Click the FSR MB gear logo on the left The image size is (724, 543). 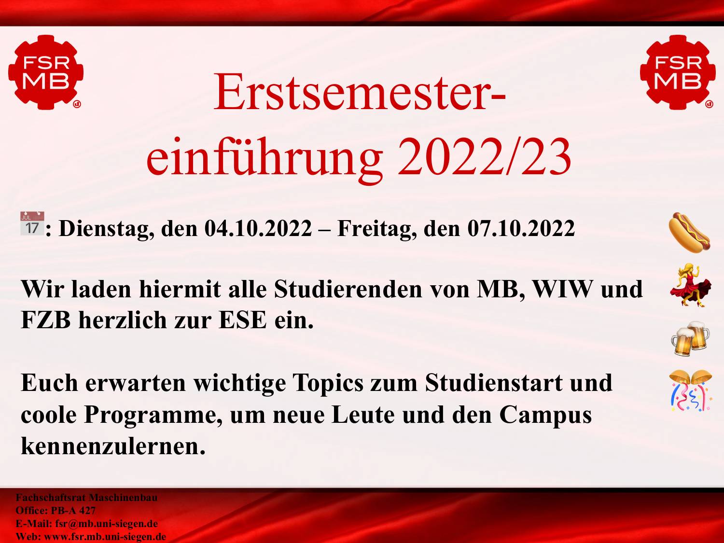pos(46,72)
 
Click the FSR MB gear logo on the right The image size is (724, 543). pos(678,72)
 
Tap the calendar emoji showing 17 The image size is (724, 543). pos(32,223)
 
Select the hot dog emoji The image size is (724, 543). pos(689,233)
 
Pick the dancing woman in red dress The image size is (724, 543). pos(690,285)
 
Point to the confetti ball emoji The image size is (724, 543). pos(690,391)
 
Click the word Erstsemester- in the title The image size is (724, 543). pos(360,92)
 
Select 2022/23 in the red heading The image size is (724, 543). pos(485,157)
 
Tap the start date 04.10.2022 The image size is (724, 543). pos(258,228)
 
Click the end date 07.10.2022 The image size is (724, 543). pos(521,228)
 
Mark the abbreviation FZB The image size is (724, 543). pos(46,320)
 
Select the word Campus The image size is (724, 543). pos(545,417)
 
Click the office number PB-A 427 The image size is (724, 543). pos(73,510)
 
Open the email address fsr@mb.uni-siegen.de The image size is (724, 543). pos(107,524)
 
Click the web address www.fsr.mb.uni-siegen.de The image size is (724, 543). pos(105,537)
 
